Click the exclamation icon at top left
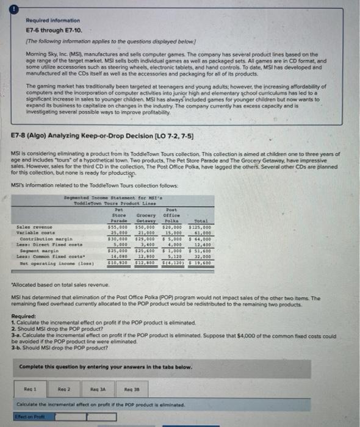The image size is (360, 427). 10,7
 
